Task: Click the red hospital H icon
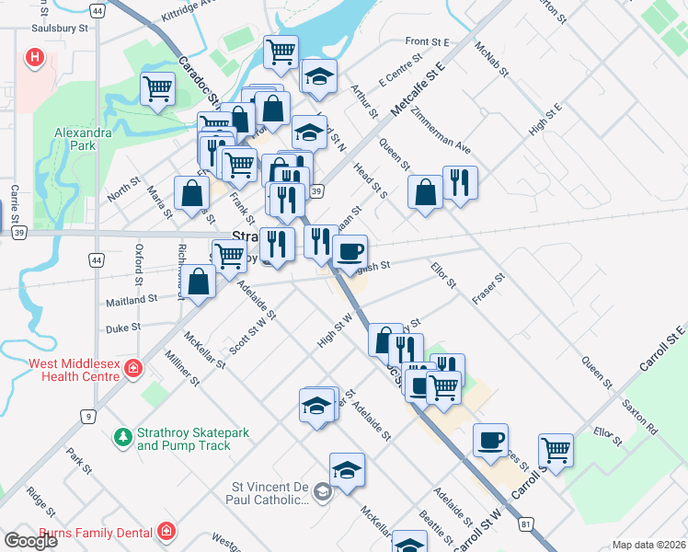[x=35, y=59]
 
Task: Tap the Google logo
[x=31, y=540]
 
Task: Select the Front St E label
[x=427, y=42]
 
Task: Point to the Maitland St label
[x=132, y=299]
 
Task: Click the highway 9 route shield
[x=88, y=417]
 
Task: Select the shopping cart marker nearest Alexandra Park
[x=158, y=89]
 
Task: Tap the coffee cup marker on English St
[x=349, y=250]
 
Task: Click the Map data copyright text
[x=648, y=545]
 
